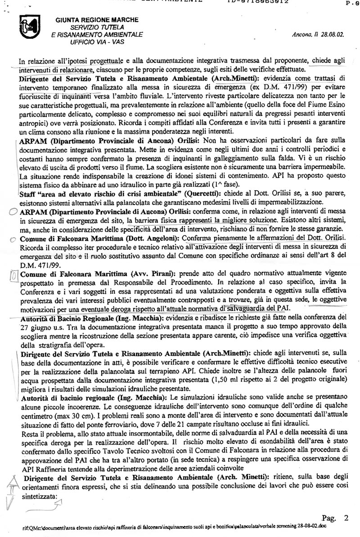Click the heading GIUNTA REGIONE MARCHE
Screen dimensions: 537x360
tap(97, 20)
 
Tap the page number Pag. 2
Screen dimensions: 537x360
tap(335, 518)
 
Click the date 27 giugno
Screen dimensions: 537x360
tap(43, 327)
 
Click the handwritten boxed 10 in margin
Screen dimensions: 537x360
tap(13, 274)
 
